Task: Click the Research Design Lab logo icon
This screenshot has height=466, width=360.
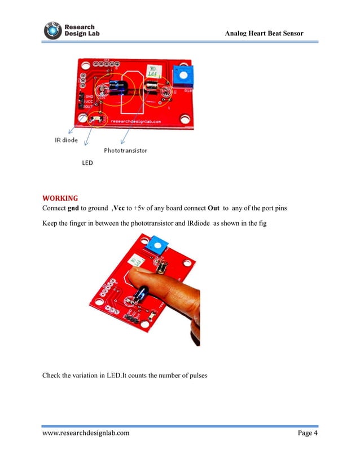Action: pyautogui.click(x=53, y=30)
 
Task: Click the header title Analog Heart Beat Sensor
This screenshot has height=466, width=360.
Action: pyautogui.click(x=264, y=34)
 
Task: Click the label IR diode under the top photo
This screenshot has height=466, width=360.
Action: pyautogui.click(x=66, y=140)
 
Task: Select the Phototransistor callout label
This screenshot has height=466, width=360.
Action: pyautogui.click(x=125, y=151)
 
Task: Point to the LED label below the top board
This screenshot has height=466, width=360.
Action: pyautogui.click(x=87, y=163)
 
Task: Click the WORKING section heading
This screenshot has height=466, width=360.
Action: pyautogui.click(x=60, y=198)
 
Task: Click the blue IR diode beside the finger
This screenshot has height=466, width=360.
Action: pyautogui.click(x=141, y=293)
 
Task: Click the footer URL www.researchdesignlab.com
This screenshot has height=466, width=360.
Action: pyautogui.click(x=86, y=433)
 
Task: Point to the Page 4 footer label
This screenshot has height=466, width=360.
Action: pyautogui.click(x=308, y=433)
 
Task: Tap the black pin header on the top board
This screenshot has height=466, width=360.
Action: pyautogui.click(x=81, y=102)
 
